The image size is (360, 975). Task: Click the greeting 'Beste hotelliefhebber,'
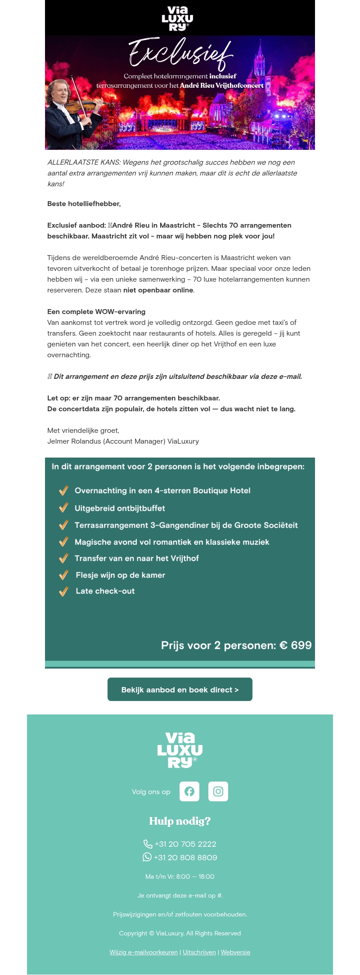[x=84, y=204]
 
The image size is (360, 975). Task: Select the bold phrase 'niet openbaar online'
[x=158, y=290]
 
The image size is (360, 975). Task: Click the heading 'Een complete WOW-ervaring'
[x=96, y=312]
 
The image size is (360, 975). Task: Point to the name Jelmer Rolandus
[x=74, y=441]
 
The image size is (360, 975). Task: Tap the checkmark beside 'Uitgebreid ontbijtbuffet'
[x=63, y=508]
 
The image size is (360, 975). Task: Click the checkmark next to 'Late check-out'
[x=63, y=591]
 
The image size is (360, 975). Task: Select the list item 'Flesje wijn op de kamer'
[x=120, y=575]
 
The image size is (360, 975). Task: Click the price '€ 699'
[x=296, y=645]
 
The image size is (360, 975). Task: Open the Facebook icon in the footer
[x=189, y=791]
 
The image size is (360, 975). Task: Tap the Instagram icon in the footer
[x=218, y=791]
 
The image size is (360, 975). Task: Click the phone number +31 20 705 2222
[x=185, y=844]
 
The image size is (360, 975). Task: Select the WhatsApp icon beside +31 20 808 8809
[x=147, y=857]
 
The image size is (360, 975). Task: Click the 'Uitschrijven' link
[x=199, y=952]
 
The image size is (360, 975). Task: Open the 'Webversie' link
[x=235, y=952]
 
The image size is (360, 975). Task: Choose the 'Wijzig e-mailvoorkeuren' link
[x=144, y=952]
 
